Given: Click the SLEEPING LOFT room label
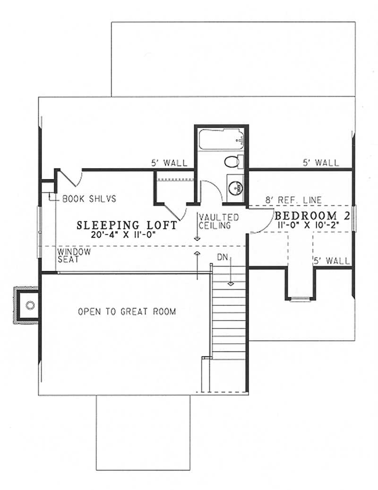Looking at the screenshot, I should pyautogui.click(x=127, y=225).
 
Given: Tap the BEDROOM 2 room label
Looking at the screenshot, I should pyautogui.click(x=312, y=216).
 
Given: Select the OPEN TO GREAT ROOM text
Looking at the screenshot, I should pyautogui.click(x=127, y=312).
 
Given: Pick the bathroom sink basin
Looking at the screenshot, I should pyautogui.click(x=235, y=186).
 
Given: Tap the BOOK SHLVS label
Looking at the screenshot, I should pyautogui.click(x=89, y=199).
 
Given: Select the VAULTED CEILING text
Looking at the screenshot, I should pyautogui.click(x=218, y=221).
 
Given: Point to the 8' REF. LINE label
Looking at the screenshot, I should pyautogui.click(x=293, y=200).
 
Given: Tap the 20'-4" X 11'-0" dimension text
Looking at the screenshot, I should pyautogui.click(x=127, y=234).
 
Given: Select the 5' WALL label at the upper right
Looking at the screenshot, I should pyautogui.click(x=321, y=163).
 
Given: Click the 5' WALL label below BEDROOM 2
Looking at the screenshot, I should pyautogui.click(x=332, y=260).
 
